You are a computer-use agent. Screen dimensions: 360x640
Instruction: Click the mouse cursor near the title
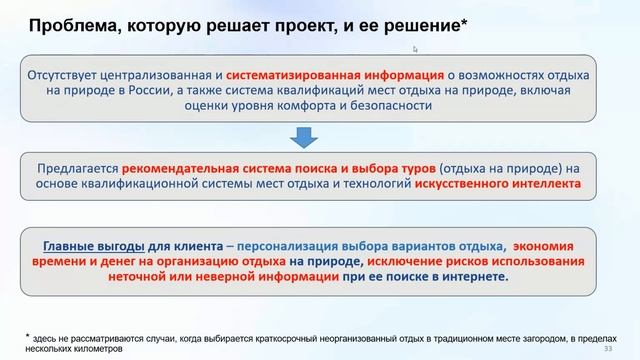pyautogui.click(x=416, y=48)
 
